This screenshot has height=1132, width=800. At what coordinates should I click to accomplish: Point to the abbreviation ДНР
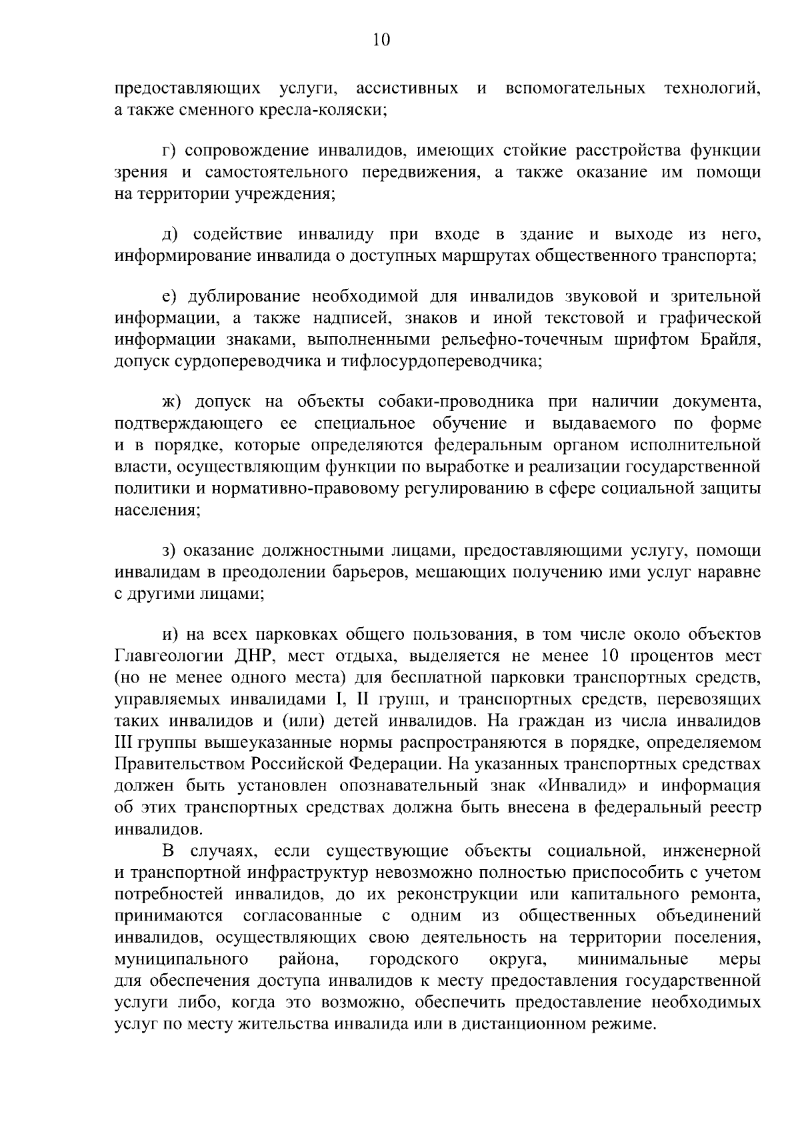(250, 654)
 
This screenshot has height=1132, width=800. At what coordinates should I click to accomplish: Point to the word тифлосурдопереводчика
(441, 362)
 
